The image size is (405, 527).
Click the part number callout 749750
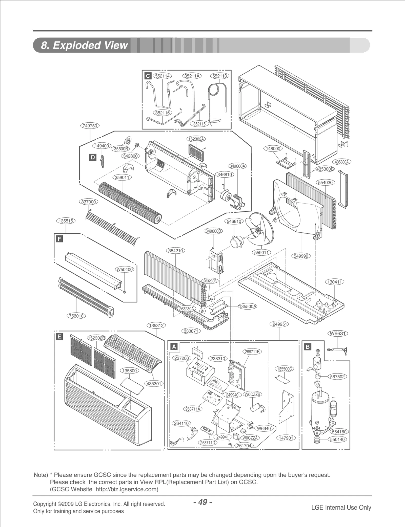pyautogui.click(x=90, y=126)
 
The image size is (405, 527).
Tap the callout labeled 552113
pyautogui.click(x=219, y=76)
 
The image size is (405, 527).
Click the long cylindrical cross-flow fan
pyautogui.click(x=129, y=202)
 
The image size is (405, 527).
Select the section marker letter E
pyautogui.click(x=59, y=336)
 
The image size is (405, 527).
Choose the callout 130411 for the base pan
pyautogui.click(x=335, y=282)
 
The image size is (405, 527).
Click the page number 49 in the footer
pyautogui.click(x=202, y=502)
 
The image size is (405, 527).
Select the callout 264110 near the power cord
pyautogui.click(x=181, y=423)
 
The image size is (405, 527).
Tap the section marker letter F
pyautogui.click(x=59, y=239)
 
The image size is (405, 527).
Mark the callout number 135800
pyautogui.click(x=129, y=371)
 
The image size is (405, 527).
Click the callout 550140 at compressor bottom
pyautogui.click(x=338, y=439)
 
